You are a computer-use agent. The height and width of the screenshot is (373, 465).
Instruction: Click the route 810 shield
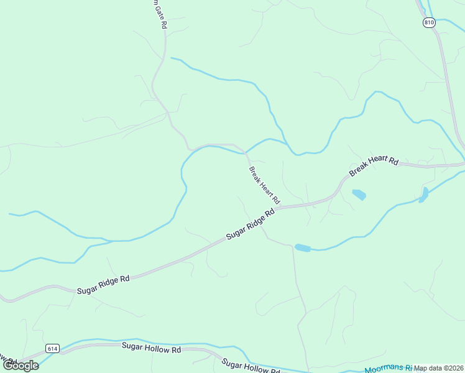[428, 22]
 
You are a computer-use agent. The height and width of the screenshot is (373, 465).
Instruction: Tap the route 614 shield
[52, 349]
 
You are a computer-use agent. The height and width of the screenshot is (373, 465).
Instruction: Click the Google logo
[21, 366]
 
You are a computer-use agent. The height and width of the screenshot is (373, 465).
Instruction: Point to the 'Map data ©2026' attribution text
[439, 368]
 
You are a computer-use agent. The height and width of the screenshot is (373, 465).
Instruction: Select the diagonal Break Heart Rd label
[265, 185]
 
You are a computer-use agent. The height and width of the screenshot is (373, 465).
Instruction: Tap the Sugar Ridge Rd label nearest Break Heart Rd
[251, 224]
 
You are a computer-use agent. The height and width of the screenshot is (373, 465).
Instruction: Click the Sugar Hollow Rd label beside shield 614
[151, 349]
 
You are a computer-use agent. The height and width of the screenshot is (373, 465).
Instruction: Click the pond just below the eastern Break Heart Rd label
[359, 195]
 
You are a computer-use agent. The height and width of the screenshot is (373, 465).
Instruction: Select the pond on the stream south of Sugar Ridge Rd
[302, 248]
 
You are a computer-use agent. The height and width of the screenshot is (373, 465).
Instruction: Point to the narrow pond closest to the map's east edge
[424, 195]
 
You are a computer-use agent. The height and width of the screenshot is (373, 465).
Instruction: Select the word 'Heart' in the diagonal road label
[265, 186]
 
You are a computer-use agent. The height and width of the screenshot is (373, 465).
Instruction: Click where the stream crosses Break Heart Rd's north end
[246, 152]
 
